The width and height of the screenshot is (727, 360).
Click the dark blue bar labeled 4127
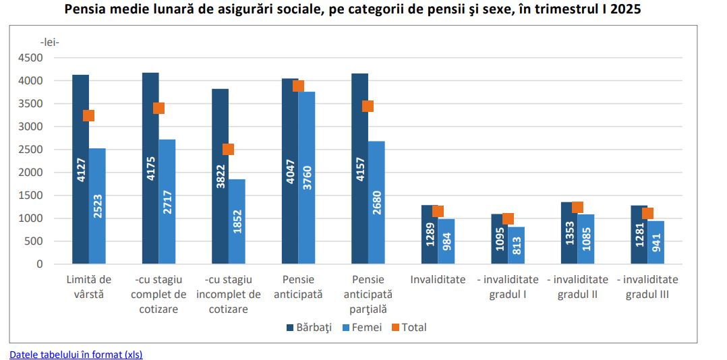click(80, 169)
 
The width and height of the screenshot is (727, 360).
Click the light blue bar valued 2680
click(376, 202)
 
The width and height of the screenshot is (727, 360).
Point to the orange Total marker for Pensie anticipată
click(298, 86)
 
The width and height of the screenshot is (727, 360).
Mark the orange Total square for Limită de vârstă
click(88, 115)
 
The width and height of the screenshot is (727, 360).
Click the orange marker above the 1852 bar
click(228, 149)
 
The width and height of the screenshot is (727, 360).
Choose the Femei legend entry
click(362, 328)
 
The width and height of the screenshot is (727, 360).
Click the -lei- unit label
click(50, 42)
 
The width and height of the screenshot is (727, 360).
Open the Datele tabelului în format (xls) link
click(76, 355)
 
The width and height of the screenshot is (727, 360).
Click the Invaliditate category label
click(438, 280)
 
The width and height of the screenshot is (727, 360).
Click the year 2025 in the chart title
click(646, 10)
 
